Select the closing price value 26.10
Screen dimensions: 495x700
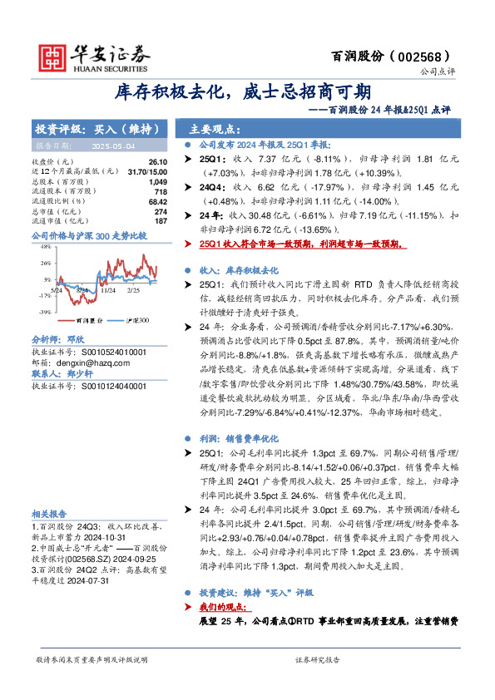coord(158,162)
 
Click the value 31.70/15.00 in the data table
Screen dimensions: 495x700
coord(150,170)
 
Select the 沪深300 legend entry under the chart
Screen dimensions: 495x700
coord(138,319)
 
